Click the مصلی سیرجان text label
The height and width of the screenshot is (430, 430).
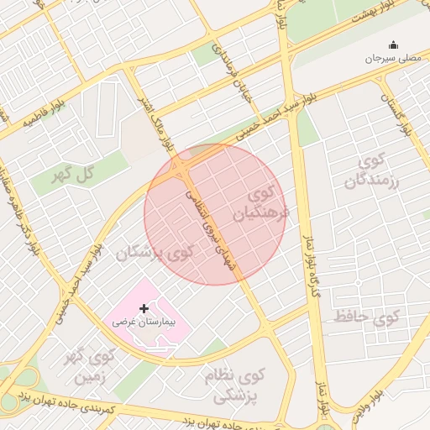(391, 59)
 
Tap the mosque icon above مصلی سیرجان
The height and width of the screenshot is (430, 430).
(391, 45)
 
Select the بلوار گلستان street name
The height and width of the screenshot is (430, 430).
(395, 117)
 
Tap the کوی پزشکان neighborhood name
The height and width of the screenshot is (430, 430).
(155, 252)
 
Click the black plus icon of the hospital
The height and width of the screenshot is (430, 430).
(144, 309)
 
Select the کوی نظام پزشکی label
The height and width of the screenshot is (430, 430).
(233, 385)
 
